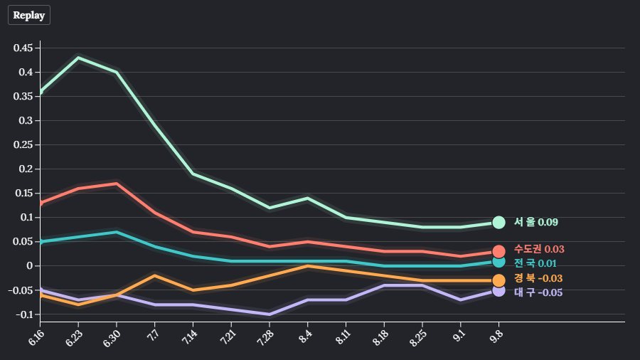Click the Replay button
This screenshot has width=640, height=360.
29,15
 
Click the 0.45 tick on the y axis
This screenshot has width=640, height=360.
24,48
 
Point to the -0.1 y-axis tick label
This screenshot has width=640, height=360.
24,314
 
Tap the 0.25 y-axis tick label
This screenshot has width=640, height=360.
24,145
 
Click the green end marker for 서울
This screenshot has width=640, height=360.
498,223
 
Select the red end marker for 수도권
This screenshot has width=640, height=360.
498,251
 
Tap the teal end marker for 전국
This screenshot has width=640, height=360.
498,262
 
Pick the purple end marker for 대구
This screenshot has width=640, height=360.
498,290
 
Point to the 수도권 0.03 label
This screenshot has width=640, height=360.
539,249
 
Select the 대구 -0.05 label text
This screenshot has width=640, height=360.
538,292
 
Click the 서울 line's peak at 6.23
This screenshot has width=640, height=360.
78,58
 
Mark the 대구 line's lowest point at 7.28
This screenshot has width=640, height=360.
270,314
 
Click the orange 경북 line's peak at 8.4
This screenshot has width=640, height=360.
307,266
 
